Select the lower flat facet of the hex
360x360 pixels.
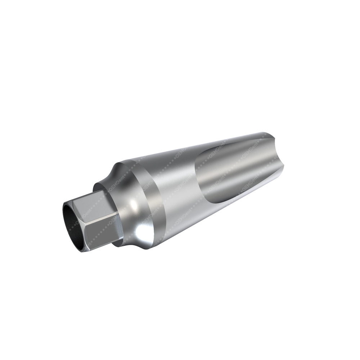click(x=101, y=230)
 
